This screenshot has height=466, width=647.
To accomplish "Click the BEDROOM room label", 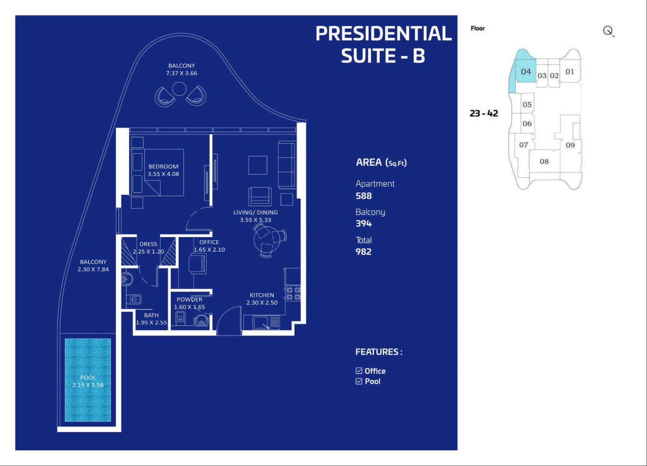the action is click(163, 166).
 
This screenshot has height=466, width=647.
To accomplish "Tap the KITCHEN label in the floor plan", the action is click(262, 295).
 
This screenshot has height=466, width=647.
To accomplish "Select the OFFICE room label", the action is click(209, 242).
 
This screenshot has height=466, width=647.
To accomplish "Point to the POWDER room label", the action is click(189, 300).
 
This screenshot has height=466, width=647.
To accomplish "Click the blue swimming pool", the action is click(88, 380).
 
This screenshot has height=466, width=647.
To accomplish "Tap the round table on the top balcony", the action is click(179, 89).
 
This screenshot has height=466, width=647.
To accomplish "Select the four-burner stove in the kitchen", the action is click(293, 293).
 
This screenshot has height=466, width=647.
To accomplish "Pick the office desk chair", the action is click(197, 264).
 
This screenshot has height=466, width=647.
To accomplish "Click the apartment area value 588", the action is click(364, 196).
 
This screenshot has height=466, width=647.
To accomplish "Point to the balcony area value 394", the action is click(364, 223).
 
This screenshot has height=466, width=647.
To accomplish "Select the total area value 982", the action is click(364, 252).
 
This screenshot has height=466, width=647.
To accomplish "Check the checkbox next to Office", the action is click(359, 371).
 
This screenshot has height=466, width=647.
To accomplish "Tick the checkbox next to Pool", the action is click(359, 381).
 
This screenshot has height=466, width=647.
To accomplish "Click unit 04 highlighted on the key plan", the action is click(526, 71).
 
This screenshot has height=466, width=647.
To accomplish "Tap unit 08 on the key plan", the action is click(544, 161).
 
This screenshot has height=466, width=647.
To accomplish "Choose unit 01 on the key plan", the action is click(570, 71).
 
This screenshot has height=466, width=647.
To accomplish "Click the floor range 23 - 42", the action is click(484, 113).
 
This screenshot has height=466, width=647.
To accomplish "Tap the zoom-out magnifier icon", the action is click(608, 31).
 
